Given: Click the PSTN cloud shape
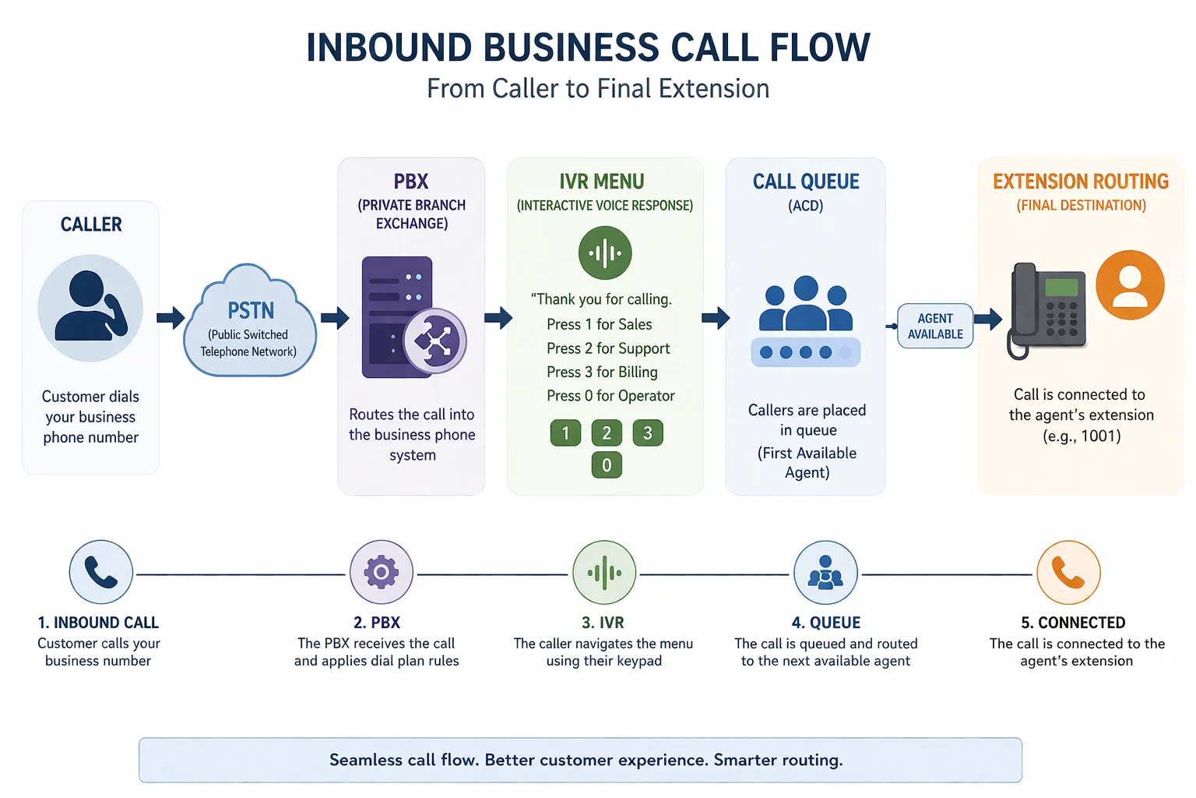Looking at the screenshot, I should click(250, 323).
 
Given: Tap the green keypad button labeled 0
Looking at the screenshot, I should click(607, 465).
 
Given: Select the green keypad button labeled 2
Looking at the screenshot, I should click(607, 433).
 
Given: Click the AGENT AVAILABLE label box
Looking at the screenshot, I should click(935, 326).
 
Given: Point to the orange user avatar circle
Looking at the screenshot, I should click(1130, 284).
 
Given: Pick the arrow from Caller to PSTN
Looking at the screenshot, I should click(171, 317).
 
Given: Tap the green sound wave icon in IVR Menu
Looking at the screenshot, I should click(605, 252).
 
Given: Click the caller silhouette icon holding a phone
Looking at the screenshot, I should click(90, 307).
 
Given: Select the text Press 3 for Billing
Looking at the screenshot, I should click(602, 372).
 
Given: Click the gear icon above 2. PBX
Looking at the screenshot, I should click(381, 573).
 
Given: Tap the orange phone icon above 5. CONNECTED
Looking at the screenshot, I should click(1068, 573).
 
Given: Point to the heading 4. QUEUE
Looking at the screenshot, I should click(825, 623).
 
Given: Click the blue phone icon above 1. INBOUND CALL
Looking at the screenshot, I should click(101, 573).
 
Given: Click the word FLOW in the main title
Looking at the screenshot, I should click(820, 48).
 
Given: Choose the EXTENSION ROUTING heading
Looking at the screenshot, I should click(1081, 182).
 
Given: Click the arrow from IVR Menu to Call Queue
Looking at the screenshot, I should click(715, 317).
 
